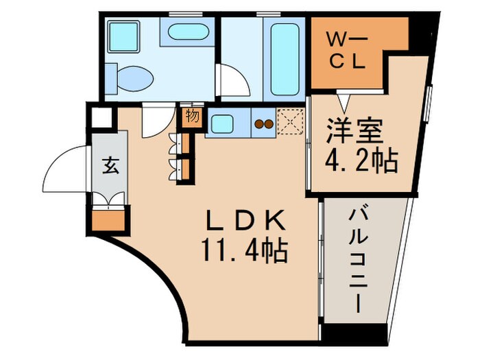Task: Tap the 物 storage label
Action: coord(192,116)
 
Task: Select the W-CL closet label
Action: coord(347,49)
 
